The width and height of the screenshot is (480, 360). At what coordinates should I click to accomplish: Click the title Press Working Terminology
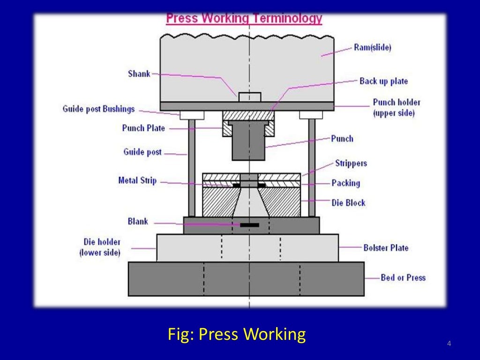244,18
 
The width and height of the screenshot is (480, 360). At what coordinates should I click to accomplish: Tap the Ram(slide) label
373,47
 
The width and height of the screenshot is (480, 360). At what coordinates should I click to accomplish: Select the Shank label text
139,74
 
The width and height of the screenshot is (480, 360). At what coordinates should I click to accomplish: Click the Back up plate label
383,81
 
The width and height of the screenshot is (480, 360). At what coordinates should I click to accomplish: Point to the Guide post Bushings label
98,109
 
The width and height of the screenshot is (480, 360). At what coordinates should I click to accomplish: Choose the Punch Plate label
143,128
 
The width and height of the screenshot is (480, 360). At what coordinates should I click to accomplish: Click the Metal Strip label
137,180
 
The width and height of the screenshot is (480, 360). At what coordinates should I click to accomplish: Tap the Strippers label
351,163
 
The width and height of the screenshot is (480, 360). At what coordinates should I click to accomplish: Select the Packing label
345,183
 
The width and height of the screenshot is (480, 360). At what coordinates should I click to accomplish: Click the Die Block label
348,202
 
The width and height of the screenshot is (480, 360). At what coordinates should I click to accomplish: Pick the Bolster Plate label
386,247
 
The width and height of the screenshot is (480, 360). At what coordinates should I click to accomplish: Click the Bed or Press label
403,277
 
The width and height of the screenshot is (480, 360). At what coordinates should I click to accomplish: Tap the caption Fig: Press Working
237,334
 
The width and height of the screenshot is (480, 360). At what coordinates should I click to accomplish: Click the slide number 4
449,345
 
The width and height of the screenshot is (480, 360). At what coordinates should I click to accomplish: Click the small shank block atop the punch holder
249,97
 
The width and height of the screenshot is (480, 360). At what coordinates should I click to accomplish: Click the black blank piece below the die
249,225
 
